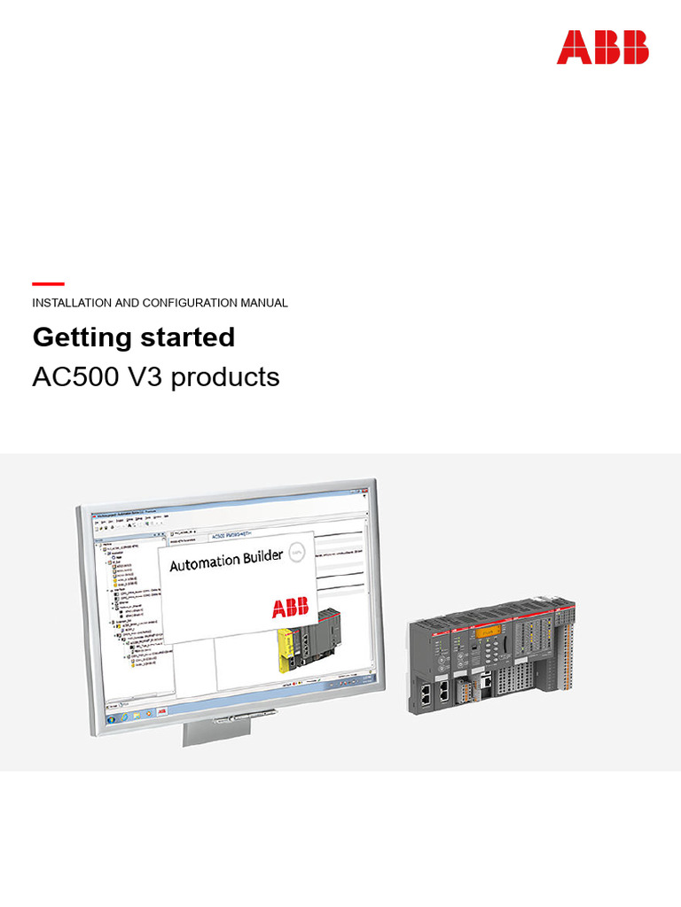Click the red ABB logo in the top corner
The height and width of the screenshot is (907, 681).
pyautogui.click(x=602, y=48)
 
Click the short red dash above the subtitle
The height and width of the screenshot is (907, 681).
pyautogui.click(x=48, y=283)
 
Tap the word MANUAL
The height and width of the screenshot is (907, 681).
pyautogui.click(x=263, y=303)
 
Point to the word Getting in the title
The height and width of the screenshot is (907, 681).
pyautogui.click(x=82, y=338)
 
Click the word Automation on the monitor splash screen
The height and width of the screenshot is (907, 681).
pyautogui.click(x=204, y=562)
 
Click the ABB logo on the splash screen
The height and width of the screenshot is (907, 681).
pyautogui.click(x=291, y=608)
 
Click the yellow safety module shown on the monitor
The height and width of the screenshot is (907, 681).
pyautogui.click(x=294, y=642)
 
